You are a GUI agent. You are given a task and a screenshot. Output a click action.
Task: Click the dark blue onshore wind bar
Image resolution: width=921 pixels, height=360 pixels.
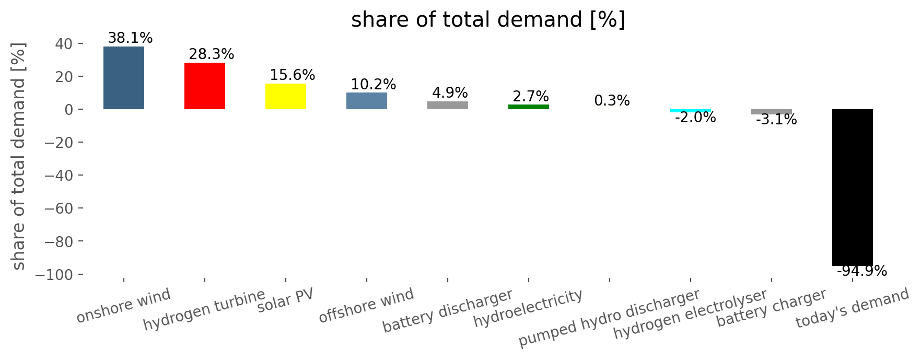(124, 78)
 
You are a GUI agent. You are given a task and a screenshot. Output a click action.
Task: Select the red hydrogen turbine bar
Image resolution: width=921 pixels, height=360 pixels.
(205, 86)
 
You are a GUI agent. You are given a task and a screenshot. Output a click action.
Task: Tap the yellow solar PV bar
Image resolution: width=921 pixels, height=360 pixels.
(286, 96)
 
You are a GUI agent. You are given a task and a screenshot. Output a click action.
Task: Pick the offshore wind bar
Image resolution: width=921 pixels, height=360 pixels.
(367, 101)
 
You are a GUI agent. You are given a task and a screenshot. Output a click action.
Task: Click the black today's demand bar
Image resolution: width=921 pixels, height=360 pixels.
(853, 188)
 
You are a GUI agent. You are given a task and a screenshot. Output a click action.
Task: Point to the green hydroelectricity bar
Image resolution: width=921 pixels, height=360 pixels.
(529, 107)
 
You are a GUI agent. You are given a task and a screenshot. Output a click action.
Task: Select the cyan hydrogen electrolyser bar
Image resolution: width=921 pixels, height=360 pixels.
(691, 111)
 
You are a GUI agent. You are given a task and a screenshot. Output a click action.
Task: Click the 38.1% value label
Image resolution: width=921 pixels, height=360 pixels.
(130, 38)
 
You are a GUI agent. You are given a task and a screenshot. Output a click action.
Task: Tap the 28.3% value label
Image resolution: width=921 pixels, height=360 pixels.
(212, 54)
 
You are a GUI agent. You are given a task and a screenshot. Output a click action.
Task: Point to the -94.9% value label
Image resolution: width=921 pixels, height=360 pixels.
(862, 271)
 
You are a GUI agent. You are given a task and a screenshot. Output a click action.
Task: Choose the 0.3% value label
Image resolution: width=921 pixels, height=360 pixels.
(612, 101)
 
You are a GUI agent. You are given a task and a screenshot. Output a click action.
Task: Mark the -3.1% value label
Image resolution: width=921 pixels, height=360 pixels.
(776, 120)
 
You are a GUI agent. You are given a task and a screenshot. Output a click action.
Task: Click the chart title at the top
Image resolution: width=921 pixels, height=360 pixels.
(488, 20)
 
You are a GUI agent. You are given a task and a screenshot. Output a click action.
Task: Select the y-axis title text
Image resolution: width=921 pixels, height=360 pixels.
(19, 156)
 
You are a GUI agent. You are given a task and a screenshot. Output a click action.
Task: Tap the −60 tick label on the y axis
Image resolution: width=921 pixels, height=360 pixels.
(60, 208)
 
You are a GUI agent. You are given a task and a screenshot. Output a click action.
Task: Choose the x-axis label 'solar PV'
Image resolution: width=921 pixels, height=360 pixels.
(286, 301)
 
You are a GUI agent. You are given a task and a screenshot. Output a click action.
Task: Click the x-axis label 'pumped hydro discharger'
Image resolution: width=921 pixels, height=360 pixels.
(609, 318)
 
